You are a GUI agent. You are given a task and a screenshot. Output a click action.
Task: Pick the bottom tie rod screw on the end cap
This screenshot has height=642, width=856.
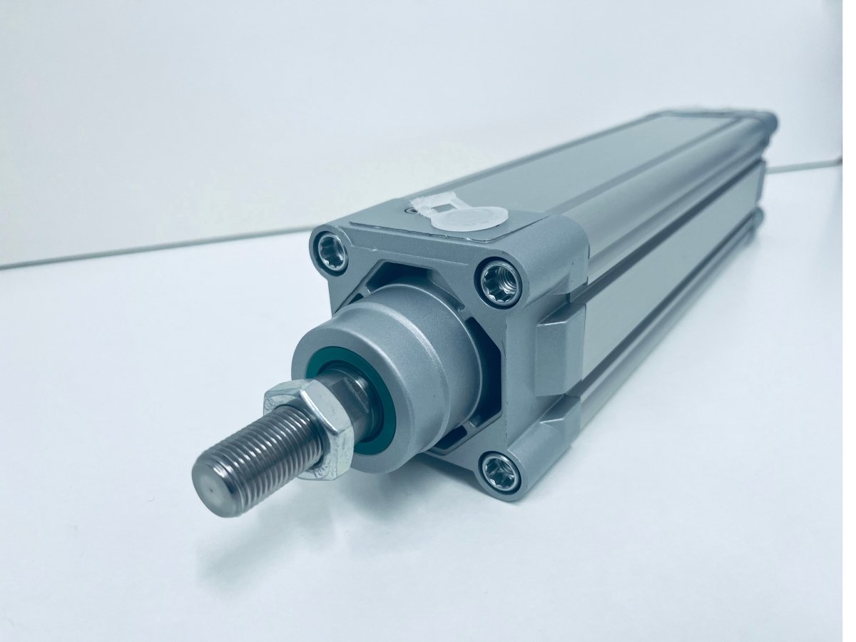click(499, 472)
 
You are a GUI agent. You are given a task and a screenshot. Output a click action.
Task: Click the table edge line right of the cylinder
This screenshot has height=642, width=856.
click(806, 168)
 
